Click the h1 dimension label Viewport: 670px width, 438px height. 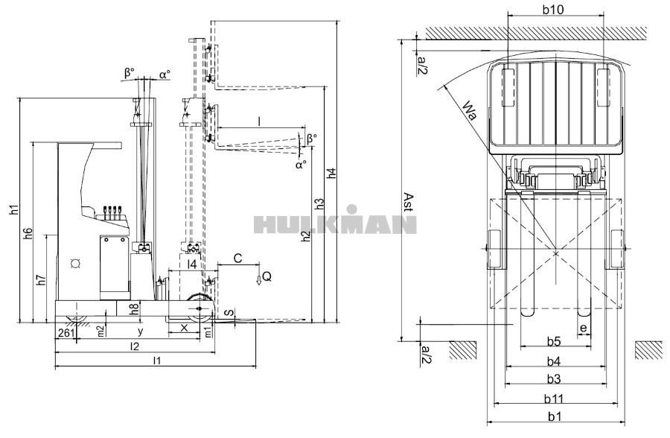tap(14, 210)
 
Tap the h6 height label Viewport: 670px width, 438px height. tap(28, 232)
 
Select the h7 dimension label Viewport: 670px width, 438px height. tap(42, 281)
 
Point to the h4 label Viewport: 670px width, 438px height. tap(332, 173)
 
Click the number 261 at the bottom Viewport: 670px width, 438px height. tap(66, 332)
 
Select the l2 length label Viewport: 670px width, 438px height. tap(135, 346)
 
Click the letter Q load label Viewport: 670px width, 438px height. tap(267, 276)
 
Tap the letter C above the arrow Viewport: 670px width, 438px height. tap(237, 258)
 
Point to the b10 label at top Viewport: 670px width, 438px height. tap(553, 10)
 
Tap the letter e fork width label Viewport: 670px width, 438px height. tap(584, 328)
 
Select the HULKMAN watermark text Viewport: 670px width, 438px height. tap(335, 223)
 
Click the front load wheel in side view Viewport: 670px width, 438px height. tap(201, 308)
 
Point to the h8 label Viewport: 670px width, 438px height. tap(133, 307)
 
